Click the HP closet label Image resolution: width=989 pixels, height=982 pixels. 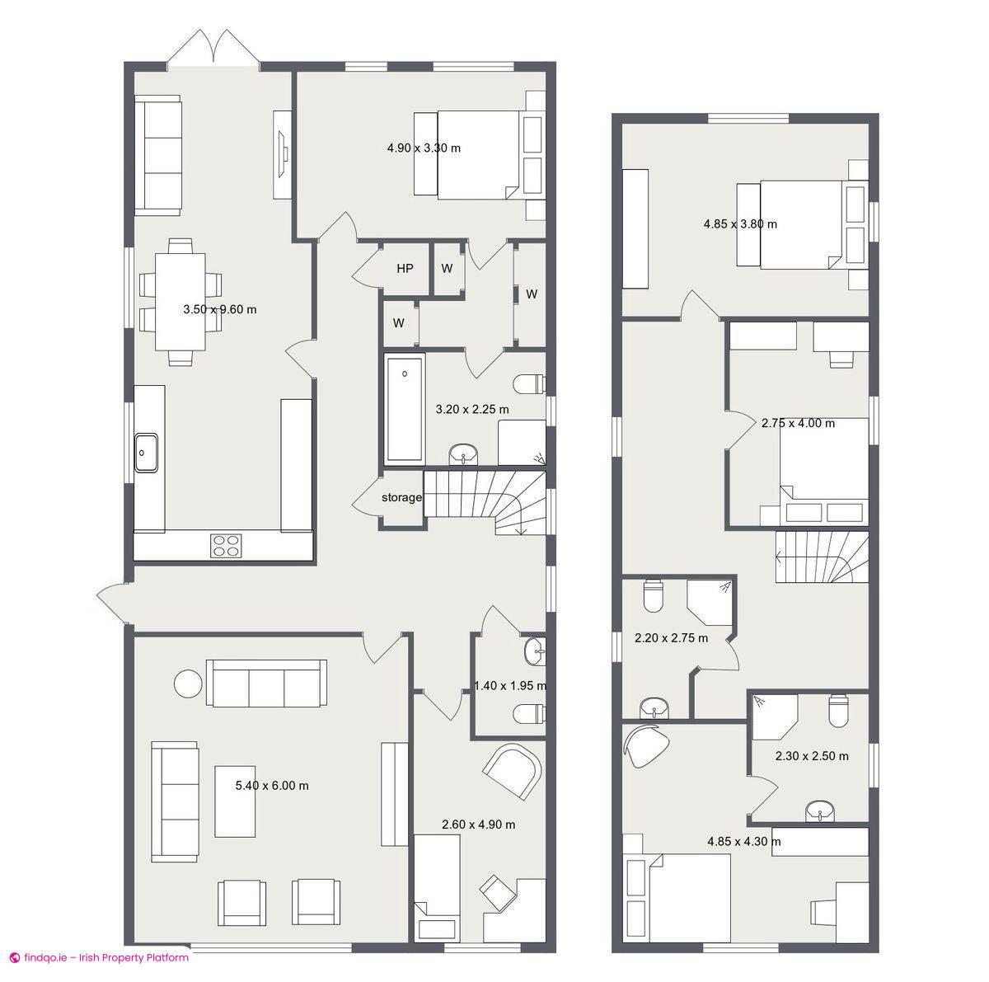[405, 269]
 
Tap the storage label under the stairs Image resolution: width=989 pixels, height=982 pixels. [401, 498]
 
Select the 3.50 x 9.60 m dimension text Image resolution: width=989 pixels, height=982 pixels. [219, 310]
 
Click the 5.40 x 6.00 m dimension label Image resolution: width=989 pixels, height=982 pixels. [272, 786]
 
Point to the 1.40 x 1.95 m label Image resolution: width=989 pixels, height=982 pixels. [509, 685]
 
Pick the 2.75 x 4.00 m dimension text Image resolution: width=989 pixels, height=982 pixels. [797, 423]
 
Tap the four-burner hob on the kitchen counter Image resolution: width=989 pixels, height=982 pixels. [227, 545]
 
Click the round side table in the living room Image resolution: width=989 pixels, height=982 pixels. [188, 684]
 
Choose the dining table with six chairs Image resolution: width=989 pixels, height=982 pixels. [180, 302]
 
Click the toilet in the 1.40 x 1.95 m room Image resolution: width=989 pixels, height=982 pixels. [528, 712]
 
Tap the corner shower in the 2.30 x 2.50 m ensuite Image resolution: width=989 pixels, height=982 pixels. [774, 716]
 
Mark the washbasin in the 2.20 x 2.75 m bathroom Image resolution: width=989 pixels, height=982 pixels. [656, 707]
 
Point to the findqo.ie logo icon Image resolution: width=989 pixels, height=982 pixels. [14, 957]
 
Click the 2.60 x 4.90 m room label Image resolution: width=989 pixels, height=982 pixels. [478, 825]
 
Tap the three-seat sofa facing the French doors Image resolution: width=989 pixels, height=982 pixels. [158, 154]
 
